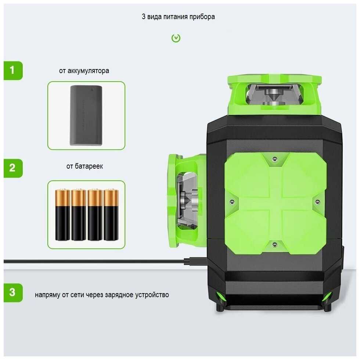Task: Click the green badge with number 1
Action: pos(13,71)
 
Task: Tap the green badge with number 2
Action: pos(13,168)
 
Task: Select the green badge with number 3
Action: pos(13,293)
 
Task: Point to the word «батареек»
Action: pos(89,166)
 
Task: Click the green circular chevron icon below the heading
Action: pos(176,38)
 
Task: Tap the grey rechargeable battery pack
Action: pos(86,115)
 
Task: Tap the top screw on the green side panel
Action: pos(274,159)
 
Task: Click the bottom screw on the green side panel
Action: pos(274,244)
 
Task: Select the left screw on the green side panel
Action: pos(232,202)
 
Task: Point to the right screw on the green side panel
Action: pos(317,202)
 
